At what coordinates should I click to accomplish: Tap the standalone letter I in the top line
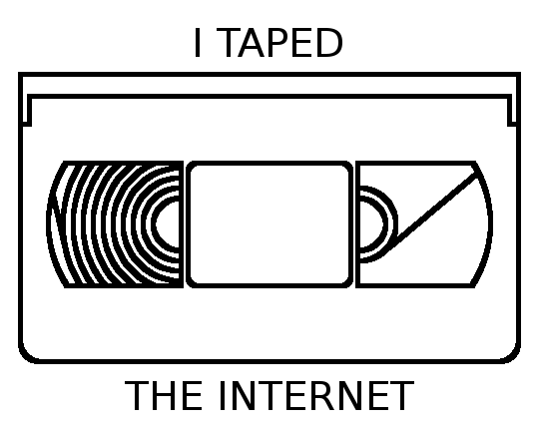pos(198,43)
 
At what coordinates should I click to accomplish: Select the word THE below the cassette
pos(164,395)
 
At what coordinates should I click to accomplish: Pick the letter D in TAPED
pos(329,43)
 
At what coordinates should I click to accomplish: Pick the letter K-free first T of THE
pos(137,395)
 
